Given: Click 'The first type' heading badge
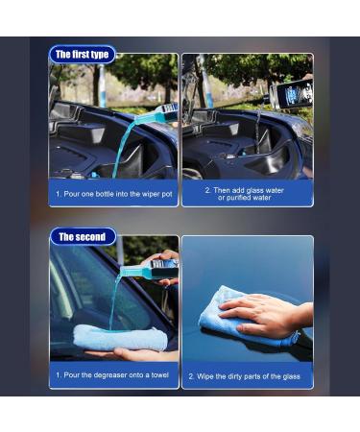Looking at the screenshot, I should pyautogui.click(x=82, y=55).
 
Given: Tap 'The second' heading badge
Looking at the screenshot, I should pyautogui.click(x=82, y=236).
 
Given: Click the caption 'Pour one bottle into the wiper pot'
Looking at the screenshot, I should pyautogui.click(x=113, y=192).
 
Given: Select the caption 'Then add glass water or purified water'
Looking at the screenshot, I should pyautogui.click(x=247, y=193).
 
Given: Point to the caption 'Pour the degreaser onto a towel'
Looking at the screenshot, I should pyautogui.click(x=113, y=375).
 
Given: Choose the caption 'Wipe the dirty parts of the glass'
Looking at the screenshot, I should pyautogui.click(x=247, y=375).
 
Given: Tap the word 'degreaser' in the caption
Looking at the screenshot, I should pyautogui.click(x=113, y=375).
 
